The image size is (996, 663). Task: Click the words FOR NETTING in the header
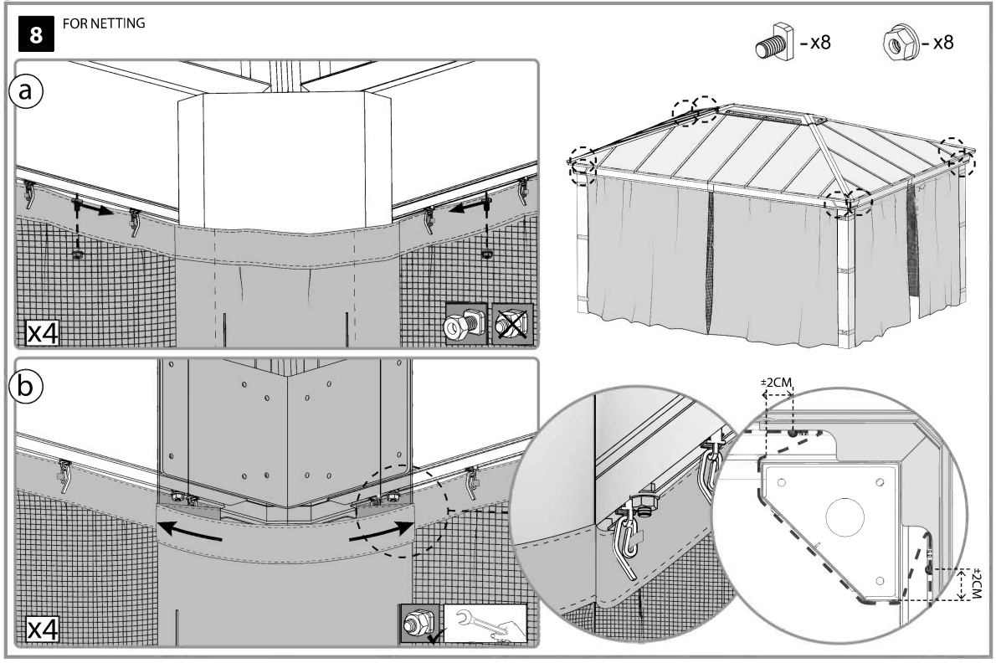[104, 24]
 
